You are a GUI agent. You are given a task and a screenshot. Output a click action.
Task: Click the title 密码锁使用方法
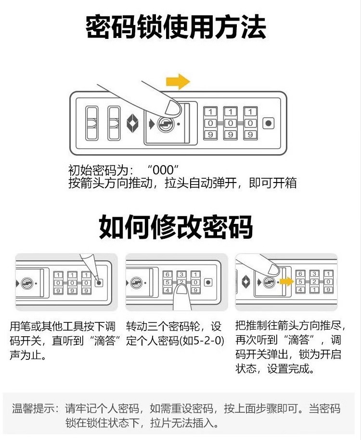[x=176, y=27]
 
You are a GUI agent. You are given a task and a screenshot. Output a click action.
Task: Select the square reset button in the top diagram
[x=268, y=123]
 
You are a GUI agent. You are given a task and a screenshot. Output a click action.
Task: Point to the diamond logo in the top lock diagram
[x=133, y=123]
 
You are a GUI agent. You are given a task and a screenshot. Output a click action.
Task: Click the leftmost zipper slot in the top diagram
[x=91, y=123]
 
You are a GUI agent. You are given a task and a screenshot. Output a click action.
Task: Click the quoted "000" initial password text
[x=164, y=170]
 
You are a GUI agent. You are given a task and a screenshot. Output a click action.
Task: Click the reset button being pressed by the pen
[x=99, y=282]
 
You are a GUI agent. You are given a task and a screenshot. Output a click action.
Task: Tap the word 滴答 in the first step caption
[x=103, y=342]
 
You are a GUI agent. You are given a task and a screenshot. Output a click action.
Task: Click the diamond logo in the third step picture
[x=245, y=282]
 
